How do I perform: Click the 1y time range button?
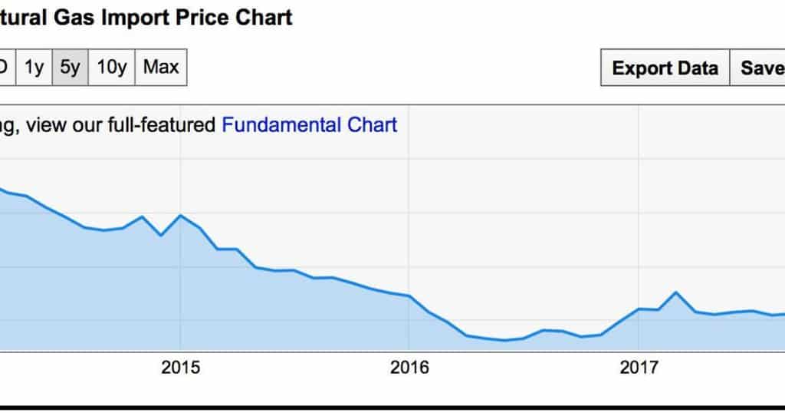pos(34,68)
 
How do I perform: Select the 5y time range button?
pos(70,68)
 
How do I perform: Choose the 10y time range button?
pos(112,68)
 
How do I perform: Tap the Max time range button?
pos(161,68)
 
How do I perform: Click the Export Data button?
pos(665,68)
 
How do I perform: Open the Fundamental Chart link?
pos(310,125)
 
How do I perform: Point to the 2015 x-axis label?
pos(180,368)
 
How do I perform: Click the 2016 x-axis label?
pos(409,368)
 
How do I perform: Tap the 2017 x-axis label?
pos(639,368)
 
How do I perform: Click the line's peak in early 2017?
pos(675,292)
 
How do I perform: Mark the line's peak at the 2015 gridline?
pos(180,215)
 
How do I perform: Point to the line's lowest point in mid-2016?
pos(504,340)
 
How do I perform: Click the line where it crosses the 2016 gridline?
pos(409,296)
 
